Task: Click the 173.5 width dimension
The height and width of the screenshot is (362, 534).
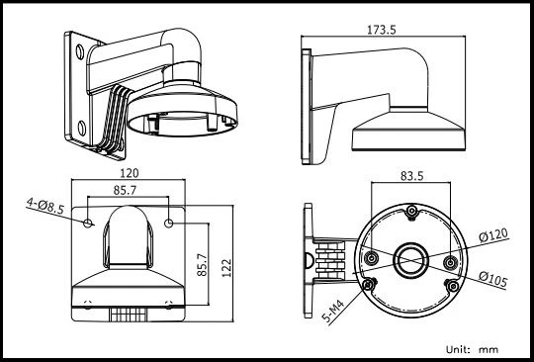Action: click(382, 30)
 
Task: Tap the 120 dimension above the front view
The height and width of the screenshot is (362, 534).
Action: click(130, 173)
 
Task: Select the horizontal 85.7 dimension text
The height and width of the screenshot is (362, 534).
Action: click(125, 190)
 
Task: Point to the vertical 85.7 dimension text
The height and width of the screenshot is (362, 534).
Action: click(202, 265)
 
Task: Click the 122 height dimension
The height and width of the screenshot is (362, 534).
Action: click(226, 268)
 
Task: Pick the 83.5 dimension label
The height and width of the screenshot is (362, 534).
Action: click(411, 176)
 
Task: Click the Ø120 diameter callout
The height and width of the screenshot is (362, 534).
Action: click(493, 235)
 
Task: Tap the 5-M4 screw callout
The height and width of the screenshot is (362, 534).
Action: click(333, 312)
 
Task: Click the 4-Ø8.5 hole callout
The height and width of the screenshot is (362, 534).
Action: click(45, 207)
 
